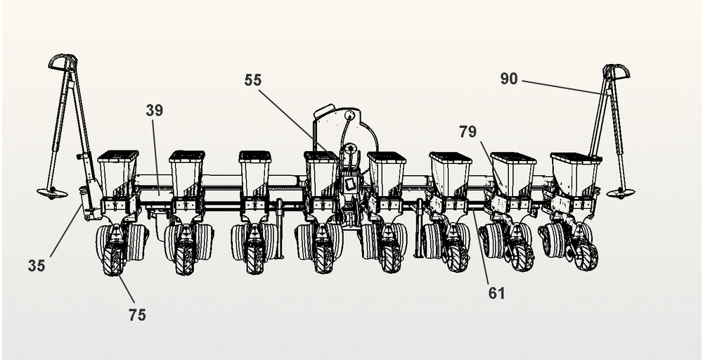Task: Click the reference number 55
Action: [253, 80]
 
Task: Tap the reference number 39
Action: [154, 110]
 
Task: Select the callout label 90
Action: [509, 79]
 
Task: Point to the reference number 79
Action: [468, 131]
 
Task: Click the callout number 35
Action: [37, 265]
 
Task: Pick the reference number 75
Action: [137, 314]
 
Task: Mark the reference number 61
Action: [497, 292]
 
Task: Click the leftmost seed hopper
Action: [117, 169]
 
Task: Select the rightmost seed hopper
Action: [575, 171]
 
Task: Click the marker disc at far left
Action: [53, 193]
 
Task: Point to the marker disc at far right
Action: [620, 193]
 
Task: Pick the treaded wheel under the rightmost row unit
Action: [585, 256]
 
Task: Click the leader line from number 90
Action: [562, 86]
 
